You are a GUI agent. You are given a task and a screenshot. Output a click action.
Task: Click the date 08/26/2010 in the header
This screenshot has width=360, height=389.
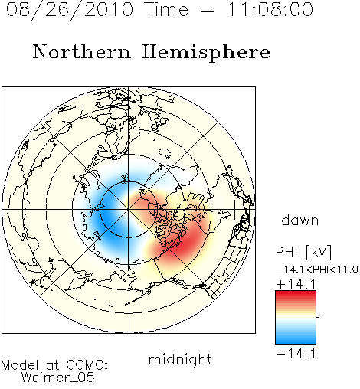70,10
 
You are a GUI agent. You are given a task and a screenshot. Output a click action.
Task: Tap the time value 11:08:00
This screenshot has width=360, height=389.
270,9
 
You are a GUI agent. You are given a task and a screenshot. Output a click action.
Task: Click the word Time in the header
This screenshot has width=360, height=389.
166,9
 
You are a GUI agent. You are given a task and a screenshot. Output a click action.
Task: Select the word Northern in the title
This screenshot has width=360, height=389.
81,51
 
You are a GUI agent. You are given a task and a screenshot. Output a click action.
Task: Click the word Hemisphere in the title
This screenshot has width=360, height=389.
206,53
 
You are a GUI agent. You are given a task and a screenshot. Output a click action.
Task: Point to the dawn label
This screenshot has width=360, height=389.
300,220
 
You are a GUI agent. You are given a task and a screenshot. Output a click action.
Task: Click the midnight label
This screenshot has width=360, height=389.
180,359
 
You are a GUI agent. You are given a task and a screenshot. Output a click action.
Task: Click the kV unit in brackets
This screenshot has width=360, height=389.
319,252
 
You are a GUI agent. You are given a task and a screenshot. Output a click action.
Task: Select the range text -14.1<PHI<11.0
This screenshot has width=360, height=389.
317,270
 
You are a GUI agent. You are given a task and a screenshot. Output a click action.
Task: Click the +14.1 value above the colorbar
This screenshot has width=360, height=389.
296,284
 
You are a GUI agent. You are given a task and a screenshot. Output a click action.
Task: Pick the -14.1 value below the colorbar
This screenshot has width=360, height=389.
296,354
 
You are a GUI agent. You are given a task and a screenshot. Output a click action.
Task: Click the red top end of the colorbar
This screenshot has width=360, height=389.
296,293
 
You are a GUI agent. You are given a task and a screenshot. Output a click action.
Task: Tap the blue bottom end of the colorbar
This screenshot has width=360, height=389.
296,342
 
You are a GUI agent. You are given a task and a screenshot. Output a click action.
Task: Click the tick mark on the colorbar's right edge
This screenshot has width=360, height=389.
318,317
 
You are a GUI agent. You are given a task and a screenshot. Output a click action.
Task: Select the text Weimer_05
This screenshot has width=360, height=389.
57,378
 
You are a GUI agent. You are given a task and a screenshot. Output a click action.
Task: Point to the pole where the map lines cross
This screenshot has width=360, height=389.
129,210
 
